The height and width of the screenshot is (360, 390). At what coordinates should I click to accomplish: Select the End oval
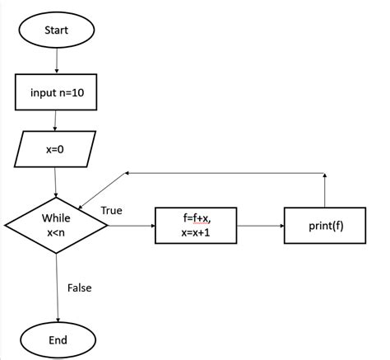click(x=58, y=339)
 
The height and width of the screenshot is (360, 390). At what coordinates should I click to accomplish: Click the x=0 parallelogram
click(x=54, y=150)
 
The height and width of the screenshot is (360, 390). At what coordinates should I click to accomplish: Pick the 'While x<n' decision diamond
click(x=56, y=225)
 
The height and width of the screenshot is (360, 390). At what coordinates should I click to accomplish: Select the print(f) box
click(x=325, y=225)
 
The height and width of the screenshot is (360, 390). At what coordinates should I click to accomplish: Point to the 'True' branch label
click(x=111, y=211)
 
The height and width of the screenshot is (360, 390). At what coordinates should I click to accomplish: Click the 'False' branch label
click(x=80, y=288)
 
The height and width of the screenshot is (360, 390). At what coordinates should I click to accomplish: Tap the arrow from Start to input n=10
click(x=57, y=61)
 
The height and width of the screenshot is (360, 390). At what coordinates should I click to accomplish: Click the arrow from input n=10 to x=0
click(x=55, y=121)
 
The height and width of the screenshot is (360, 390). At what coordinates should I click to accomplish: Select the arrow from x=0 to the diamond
click(x=55, y=183)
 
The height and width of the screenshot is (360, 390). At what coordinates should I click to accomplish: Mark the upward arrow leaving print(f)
click(x=325, y=189)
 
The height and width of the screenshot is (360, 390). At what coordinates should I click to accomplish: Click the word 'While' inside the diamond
click(x=56, y=218)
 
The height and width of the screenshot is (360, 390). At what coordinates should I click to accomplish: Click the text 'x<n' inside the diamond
click(x=56, y=233)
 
